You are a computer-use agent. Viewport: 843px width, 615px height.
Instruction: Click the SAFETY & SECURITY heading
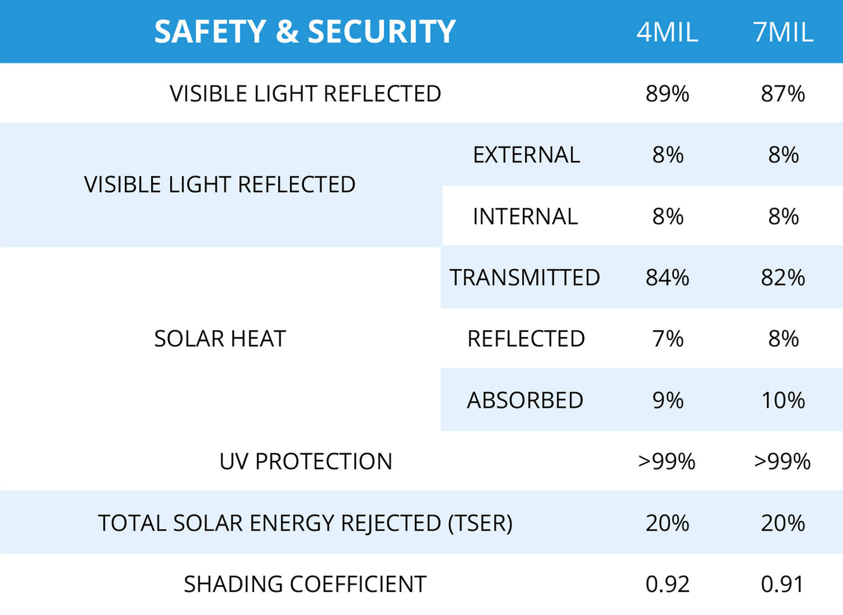tap(305, 32)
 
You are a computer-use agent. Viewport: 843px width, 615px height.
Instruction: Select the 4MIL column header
tap(667, 32)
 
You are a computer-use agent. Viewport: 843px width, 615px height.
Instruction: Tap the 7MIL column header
tap(783, 32)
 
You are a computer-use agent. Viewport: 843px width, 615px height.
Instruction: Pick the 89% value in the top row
tap(667, 93)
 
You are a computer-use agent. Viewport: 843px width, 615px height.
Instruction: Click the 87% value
tap(783, 93)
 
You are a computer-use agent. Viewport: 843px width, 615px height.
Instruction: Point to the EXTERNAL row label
tap(526, 155)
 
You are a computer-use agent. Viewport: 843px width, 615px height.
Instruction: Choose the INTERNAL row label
tap(525, 217)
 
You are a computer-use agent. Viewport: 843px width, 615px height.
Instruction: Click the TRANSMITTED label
tap(524, 277)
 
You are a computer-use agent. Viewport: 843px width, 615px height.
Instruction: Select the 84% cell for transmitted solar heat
tap(667, 277)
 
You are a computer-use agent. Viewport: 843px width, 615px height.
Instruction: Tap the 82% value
tap(783, 277)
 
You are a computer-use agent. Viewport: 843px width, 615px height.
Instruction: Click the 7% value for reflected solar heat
tap(667, 339)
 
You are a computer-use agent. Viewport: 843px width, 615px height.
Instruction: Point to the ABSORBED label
tap(525, 400)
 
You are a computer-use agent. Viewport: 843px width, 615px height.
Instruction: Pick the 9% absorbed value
tap(667, 400)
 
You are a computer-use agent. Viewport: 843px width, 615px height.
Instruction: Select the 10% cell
tap(783, 400)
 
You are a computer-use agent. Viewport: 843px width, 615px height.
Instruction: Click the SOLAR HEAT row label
tap(220, 339)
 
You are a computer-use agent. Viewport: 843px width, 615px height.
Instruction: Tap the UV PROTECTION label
tap(306, 461)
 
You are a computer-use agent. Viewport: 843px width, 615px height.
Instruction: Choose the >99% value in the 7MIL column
tap(782, 461)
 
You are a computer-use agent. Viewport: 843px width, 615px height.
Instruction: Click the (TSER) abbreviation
tap(480, 523)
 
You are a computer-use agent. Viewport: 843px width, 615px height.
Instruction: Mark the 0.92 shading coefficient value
tap(667, 584)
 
